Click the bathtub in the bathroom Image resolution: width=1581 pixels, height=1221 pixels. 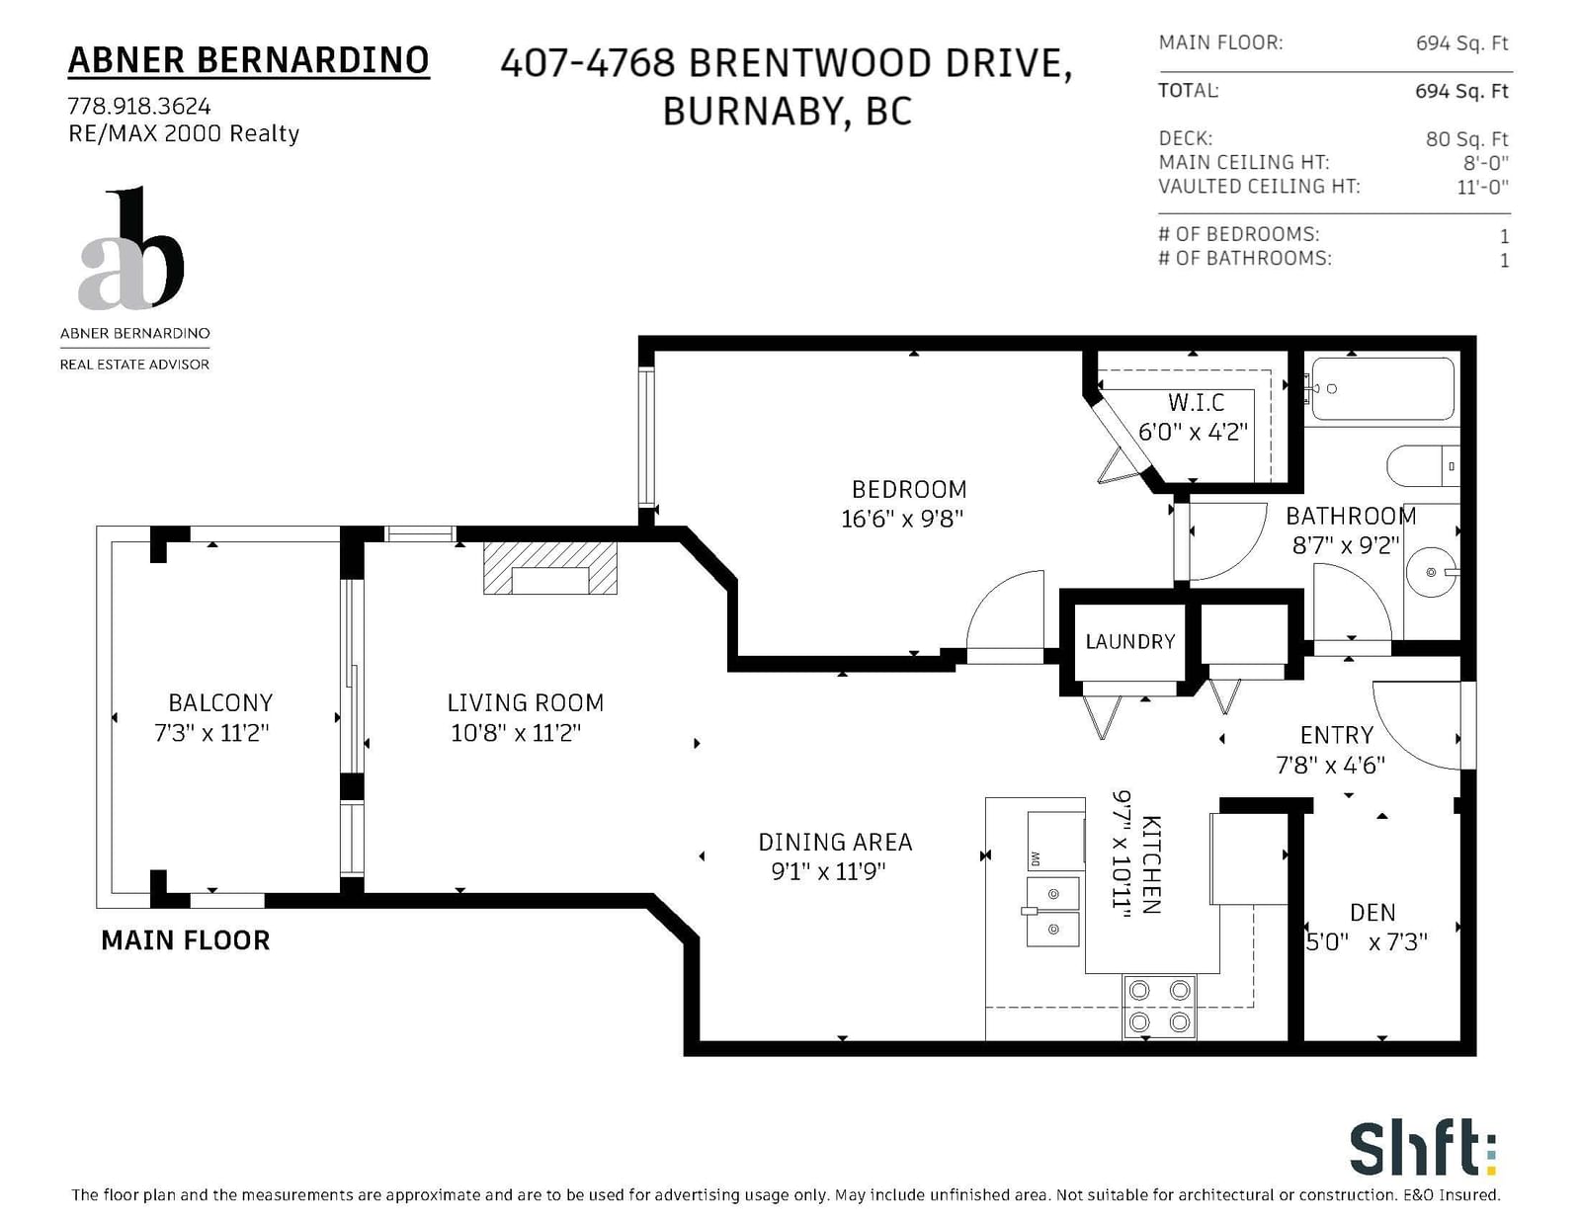click(1382, 389)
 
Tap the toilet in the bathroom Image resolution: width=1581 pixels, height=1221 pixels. click(1423, 465)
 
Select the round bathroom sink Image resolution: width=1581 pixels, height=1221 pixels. click(1431, 572)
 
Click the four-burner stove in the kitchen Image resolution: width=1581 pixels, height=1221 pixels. click(1159, 1007)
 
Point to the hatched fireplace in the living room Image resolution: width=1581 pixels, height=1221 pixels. click(550, 568)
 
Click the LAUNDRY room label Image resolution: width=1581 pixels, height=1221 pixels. click(1129, 641)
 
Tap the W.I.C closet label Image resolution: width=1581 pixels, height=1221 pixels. click(1196, 402)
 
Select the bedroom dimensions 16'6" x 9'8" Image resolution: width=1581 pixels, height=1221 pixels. click(902, 520)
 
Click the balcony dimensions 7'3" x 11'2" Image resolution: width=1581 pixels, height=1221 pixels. click(211, 732)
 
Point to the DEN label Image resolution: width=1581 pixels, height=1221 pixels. click(1373, 913)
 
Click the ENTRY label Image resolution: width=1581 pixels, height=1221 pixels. click(1337, 735)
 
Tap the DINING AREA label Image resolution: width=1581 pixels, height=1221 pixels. click(835, 842)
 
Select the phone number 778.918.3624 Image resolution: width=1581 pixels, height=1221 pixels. click(139, 106)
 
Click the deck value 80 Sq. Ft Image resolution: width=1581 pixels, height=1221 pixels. click(1466, 139)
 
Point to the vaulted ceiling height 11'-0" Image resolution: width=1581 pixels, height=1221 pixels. click(1483, 187)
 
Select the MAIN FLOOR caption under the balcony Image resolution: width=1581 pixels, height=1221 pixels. click(186, 941)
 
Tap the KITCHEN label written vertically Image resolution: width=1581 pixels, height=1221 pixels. click(1151, 864)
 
